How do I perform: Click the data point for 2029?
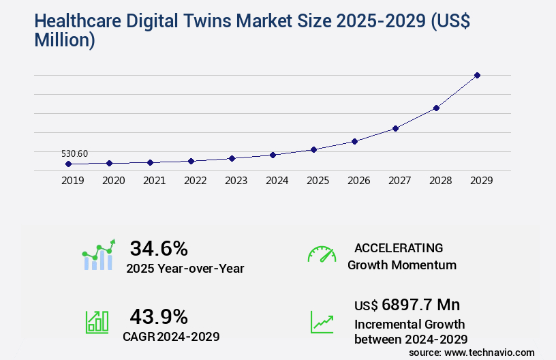pos(477,75)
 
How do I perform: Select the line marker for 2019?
pos(68,164)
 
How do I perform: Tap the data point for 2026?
pos(354,141)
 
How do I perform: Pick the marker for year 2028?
pos(436,108)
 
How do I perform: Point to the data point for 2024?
pos(273,155)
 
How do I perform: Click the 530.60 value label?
pos(74,153)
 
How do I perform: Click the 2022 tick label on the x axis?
pos(195,181)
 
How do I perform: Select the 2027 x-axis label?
pos(399,181)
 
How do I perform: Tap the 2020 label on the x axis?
pos(113,181)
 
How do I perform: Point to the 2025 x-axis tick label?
pos(318,181)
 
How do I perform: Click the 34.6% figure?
pos(159,248)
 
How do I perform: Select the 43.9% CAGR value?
pos(159,316)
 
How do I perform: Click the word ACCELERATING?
pos(399,248)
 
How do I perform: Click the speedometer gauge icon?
pos(322,254)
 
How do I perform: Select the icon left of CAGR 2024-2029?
pos(96,322)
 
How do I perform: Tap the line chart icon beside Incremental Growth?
pos(322,322)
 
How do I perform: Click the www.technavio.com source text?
pos(489,352)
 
